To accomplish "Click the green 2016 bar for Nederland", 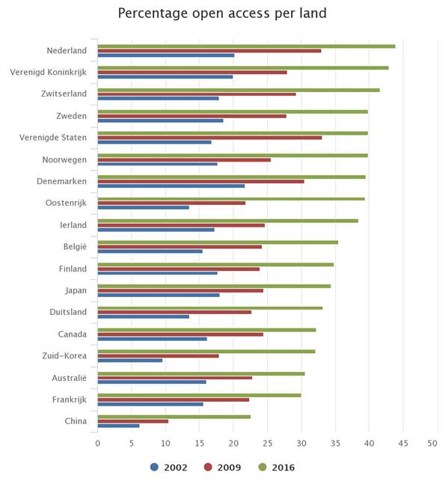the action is point(246,46).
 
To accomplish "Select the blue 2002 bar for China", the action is point(118,426).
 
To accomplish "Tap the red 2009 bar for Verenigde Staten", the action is point(209,138).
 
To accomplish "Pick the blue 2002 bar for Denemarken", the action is point(171,186).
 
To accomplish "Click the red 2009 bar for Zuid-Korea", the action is point(158,356).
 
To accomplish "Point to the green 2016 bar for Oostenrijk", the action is point(231,199).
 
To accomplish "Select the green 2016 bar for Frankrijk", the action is point(200,395).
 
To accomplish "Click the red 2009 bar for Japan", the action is point(180,290).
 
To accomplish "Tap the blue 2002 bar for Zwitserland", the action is point(158,99).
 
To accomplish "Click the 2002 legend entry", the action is point(169,468).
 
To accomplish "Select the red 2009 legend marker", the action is point(208,468).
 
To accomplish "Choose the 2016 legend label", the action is point(283,468).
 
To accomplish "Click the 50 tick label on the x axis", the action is point(432,443).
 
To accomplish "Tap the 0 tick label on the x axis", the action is point(98,443).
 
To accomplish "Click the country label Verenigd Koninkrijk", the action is point(48,72).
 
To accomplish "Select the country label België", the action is point(75,247).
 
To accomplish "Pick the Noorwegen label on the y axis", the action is point(64,160).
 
